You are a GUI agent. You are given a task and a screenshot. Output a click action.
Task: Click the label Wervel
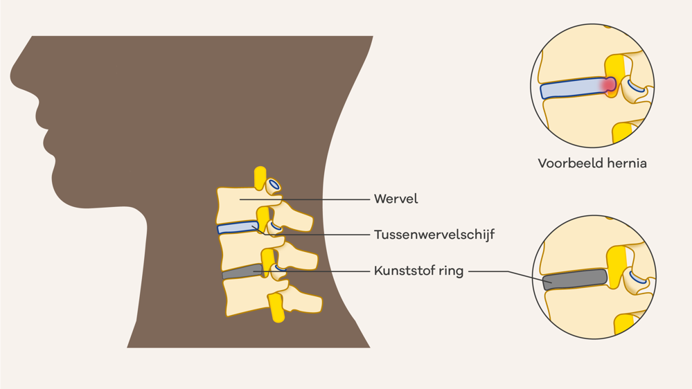[x=396, y=199]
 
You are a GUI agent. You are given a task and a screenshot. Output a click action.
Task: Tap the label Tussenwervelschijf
[x=434, y=235]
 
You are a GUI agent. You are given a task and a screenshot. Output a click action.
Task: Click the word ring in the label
[x=451, y=271]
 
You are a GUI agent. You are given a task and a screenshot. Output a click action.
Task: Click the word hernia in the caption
[x=626, y=164]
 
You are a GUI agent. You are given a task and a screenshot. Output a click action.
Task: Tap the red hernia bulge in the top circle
[x=608, y=85]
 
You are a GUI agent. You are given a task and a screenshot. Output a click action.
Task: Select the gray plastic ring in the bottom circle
[x=575, y=279]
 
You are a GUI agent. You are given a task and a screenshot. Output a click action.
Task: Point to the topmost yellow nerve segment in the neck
[x=260, y=178]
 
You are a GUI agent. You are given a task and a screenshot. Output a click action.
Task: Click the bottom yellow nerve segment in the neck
[x=276, y=308]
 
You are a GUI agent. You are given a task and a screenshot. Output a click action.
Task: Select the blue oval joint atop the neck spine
[x=274, y=184]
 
